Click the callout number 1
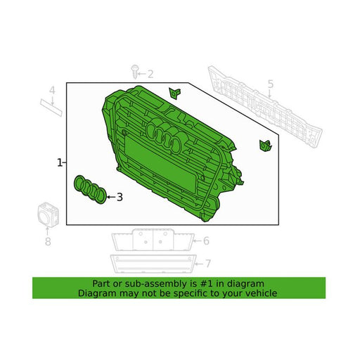pyautogui.click(x=60, y=162)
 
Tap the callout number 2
pyautogui.click(x=150, y=74)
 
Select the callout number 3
pyautogui.click(x=120, y=197)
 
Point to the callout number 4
pyautogui.click(x=52, y=91)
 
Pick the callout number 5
pyautogui.click(x=271, y=84)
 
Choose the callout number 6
pyautogui.click(x=206, y=240)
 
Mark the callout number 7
pyautogui.click(x=208, y=264)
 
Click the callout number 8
pyautogui.click(x=48, y=241)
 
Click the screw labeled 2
pyautogui.click(x=134, y=72)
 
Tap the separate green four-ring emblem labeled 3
pyautogui.click(x=90, y=190)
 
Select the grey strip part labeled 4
pyautogui.click(x=51, y=108)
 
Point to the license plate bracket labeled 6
pyautogui.click(x=153, y=240)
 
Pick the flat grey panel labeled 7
pyautogui.click(x=153, y=264)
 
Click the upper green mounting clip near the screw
pyautogui.click(x=174, y=94)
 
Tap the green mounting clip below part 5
pyautogui.click(x=265, y=146)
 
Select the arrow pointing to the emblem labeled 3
pyautogui.click(x=111, y=197)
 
